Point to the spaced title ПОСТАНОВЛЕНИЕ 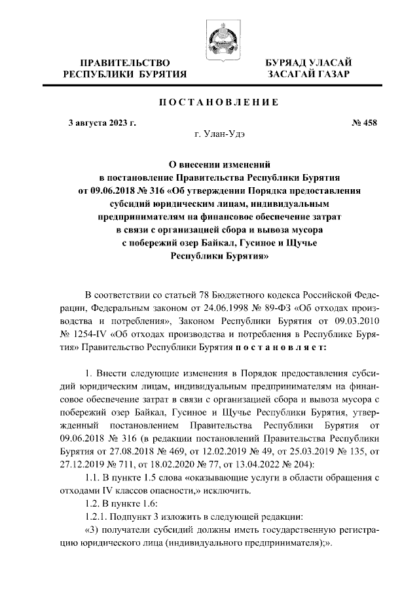click(x=209, y=102)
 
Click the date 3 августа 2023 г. click(x=102, y=122)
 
